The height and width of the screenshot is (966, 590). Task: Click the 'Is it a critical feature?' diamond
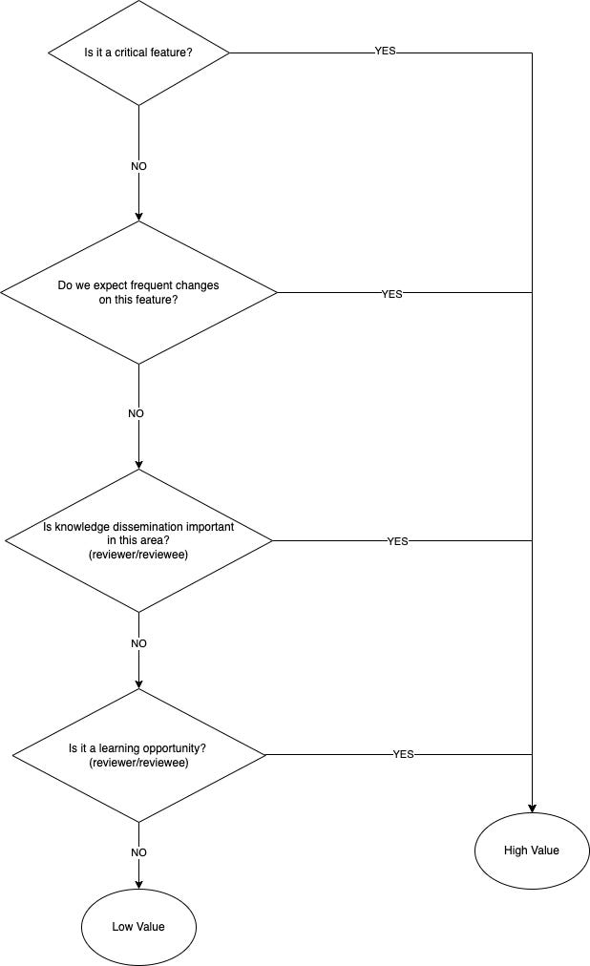(139, 52)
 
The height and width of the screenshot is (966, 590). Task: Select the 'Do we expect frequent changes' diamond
(139, 292)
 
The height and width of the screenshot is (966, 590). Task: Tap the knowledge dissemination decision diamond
(139, 540)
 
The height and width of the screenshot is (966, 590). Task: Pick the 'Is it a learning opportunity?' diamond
(139, 755)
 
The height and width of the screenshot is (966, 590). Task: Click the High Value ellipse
(532, 850)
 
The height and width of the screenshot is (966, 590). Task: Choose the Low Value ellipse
(139, 926)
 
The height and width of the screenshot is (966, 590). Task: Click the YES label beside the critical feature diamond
(385, 52)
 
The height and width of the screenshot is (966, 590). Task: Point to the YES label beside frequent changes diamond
(391, 294)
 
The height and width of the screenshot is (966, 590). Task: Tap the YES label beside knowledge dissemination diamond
(397, 541)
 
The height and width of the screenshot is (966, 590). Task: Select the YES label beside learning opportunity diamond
(403, 754)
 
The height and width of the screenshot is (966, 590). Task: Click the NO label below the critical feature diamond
(139, 166)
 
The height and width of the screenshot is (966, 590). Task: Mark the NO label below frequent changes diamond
(137, 413)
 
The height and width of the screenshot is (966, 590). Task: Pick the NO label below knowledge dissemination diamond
(139, 643)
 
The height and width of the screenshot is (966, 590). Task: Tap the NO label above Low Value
(139, 852)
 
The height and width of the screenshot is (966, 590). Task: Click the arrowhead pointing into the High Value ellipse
(532, 807)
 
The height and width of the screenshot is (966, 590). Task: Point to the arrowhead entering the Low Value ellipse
(139, 883)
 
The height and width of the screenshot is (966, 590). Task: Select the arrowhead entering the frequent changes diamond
(139, 216)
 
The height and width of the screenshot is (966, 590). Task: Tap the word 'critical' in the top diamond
(132, 52)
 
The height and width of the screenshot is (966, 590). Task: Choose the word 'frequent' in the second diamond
(164, 285)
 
